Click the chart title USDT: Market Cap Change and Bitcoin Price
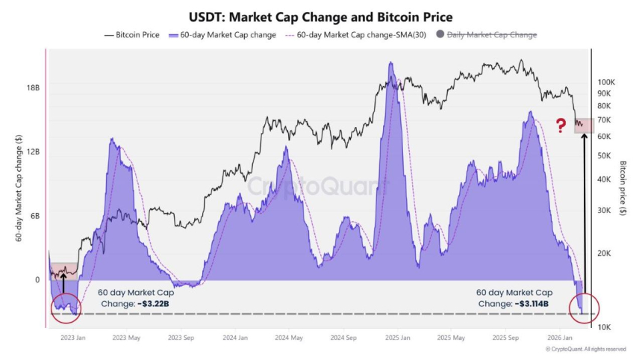coord(320,16)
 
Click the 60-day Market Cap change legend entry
coord(223,34)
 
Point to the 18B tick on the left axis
coord(33,87)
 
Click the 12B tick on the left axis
coord(33,152)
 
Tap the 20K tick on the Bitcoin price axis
coord(604,253)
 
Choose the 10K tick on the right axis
coord(604,327)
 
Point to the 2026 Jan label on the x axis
coord(559,338)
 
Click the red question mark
coord(561,125)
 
